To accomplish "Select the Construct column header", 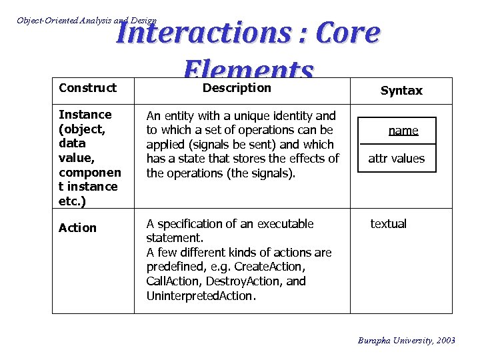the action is pyautogui.click(x=87, y=88).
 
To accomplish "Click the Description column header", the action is pyautogui.click(x=237, y=88).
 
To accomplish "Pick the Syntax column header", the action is pyautogui.click(x=401, y=91).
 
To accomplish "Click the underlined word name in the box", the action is pyautogui.click(x=403, y=131).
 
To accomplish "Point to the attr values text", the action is pyautogui.click(x=397, y=159).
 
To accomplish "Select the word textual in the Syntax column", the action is pyautogui.click(x=389, y=224).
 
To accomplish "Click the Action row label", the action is pyautogui.click(x=77, y=228).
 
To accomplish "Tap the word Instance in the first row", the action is pyautogui.click(x=85, y=115).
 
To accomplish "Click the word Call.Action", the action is pyautogui.click(x=169, y=281).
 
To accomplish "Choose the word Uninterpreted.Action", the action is pyautogui.click(x=200, y=296).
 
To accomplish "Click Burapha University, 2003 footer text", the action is pyautogui.click(x=407, y=341).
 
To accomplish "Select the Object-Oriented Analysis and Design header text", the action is pyautogui.click(x=87, y=21).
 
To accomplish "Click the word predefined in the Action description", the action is pyautogui.click(x=176, y=267).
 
